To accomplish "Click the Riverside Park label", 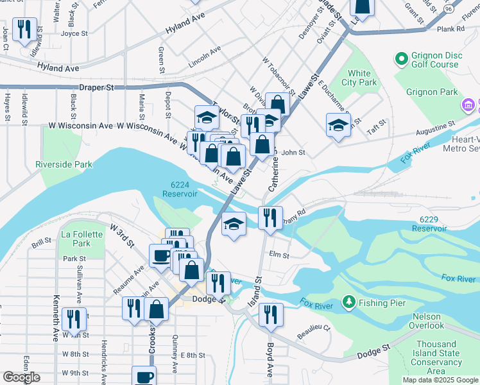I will click(64, 164).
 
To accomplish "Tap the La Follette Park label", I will click(81, 239).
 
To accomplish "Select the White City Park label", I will click(360, 78).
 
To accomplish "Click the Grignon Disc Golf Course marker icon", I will click(402, 60).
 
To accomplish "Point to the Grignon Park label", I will click(431, 92).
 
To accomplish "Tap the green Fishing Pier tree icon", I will click(348, 301).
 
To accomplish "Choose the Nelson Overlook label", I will click(426, 321).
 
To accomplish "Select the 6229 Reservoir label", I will click(429, 224).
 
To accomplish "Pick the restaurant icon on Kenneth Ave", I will click(74, 318).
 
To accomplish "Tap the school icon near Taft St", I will click(338, 125).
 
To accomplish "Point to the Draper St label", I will click(96, 87).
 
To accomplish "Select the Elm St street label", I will click(279, 255).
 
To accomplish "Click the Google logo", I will click(21, 377).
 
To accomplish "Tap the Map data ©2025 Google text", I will click(440, 380).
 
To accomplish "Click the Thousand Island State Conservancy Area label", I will click(436, 357).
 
